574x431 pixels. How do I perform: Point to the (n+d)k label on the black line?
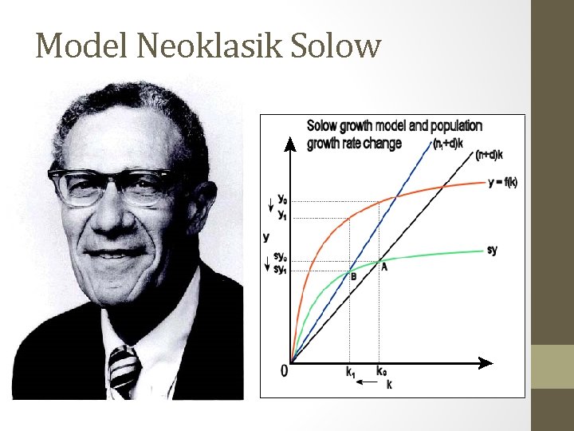coord(489,155)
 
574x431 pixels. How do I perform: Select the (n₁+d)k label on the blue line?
coord(450,144)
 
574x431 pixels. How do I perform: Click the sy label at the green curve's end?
coord(492,250)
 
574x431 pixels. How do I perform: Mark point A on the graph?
coord(384,267)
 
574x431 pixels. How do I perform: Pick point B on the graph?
coord(353,276)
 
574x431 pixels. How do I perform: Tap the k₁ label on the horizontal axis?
coord(351,371)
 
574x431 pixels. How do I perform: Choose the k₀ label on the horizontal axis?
coord(382,371)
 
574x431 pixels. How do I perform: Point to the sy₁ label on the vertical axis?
coord(281,270)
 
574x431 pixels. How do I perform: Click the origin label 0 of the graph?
coord(284,371)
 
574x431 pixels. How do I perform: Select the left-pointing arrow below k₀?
coord(367,384)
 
